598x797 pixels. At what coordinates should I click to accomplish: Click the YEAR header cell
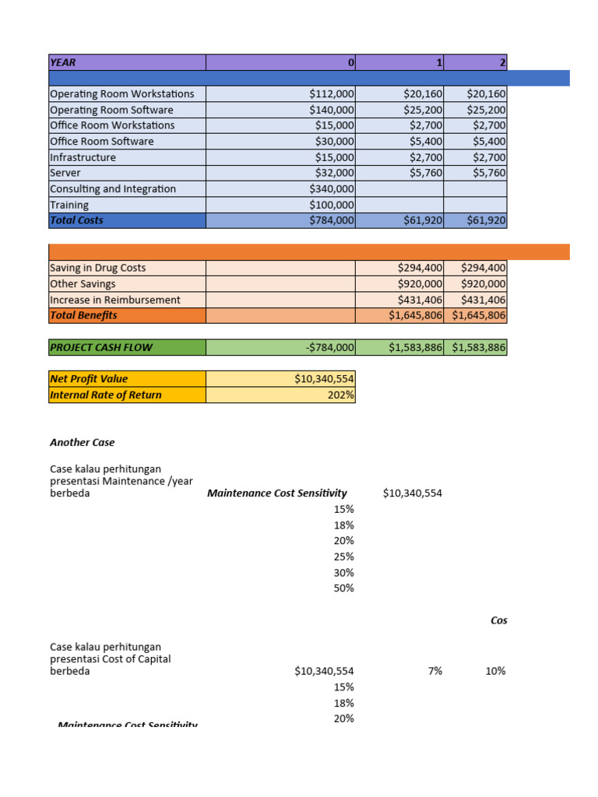click(x=127, y=62)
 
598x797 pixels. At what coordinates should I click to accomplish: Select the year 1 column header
click(x=399, y=62)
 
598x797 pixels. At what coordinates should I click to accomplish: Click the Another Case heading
click(x=82, y=442)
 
